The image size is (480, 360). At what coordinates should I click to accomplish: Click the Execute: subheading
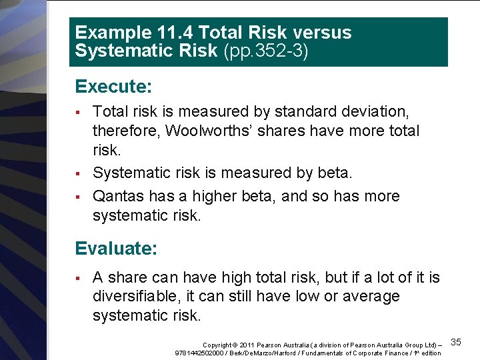[x=113, y=87]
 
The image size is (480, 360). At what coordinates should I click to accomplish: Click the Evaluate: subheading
[x=116, y=249]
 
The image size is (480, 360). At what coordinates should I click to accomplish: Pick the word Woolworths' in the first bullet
[x=207, y=131]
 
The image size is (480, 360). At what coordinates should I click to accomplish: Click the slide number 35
[x=456, y=342]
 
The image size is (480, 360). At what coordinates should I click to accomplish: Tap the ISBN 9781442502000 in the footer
[x=199, y=352]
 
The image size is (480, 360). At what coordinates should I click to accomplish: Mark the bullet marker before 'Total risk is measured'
[x=78, y=112]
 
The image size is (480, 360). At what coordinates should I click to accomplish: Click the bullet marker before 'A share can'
[x=78, y=277]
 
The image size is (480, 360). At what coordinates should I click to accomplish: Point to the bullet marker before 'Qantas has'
[x=78, y=197]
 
